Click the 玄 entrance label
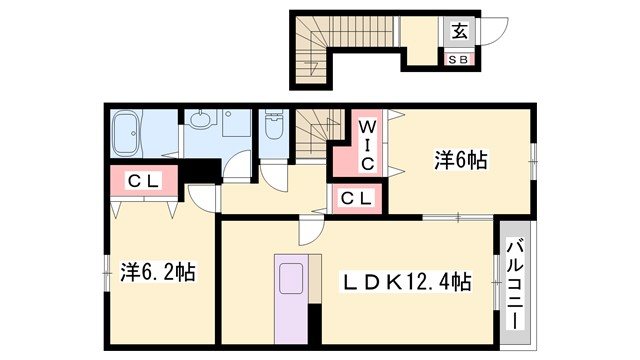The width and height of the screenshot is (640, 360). [457, 30]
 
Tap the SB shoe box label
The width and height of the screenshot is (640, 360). [457, 59]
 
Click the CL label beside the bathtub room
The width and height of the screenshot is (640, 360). [144, 182]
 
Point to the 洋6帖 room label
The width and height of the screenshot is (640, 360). [460, 160]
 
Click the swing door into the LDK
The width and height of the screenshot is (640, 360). [309, 234]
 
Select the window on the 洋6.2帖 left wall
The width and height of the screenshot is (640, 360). [106, 267]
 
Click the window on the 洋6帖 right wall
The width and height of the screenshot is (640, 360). [532, 157]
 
